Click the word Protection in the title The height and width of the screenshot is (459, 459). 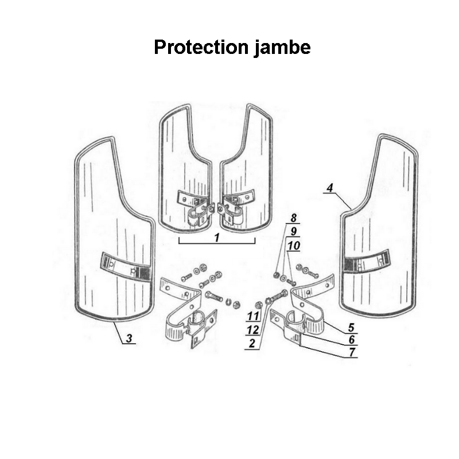click(x=201, y=47)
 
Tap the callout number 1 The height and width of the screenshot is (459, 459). click(x=217, y=237)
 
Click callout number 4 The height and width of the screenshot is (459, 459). click(x=329, y=188)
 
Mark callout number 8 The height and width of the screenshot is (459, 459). click(x=293, y=218)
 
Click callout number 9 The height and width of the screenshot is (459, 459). click(x=293, y=232)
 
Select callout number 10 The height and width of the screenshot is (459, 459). click(x=293, y=246)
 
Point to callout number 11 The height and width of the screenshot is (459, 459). click(x=252, y=316)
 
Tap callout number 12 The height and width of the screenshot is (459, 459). click(x=252, y=329)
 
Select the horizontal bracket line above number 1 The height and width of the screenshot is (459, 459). click(x=216, y=243)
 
